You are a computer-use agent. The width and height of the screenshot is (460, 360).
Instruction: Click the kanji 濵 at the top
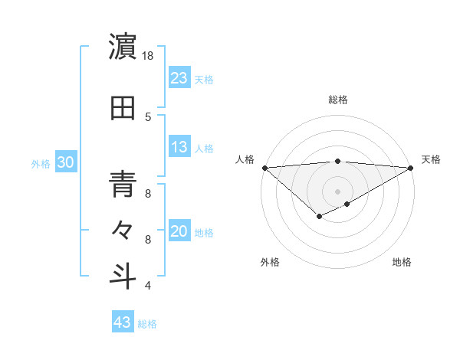pyautogui.click(x=122, y=47)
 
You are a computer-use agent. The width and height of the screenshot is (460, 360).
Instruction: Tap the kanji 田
pyautogui.click(x=122, y=107)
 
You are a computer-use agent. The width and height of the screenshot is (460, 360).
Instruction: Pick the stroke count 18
pyautogui.click(x=147, y=56)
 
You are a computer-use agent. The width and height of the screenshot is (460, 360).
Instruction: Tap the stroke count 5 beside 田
pyautogui.click(x=147, y=116)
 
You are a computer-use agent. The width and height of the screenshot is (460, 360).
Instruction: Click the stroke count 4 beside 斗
pyautogui.click(x=147, y=286)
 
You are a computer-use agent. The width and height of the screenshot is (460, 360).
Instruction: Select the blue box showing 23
pyautogui.click(x=179, y=77)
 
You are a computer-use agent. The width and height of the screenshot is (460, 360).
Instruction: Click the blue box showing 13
pyautogui.click(x=179, y=146)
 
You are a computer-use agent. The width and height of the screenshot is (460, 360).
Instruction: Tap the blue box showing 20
pyautogui.click(x=179, y=231)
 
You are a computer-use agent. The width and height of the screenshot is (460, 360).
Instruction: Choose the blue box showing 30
pyautogui.click(x=65, y=162)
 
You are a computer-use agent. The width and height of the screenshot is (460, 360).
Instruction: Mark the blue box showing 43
pyautogui.click(x=122, y=322)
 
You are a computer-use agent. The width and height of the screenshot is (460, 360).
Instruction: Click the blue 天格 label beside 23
pyautogui.click(x=204, y=79)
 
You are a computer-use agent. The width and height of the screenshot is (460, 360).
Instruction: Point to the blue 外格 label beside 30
pyautogui.click(x=41, y=163)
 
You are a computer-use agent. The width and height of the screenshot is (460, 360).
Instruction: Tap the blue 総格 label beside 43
pyautogui.click(x=147, y=324)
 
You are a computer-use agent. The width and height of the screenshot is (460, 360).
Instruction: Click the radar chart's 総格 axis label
pyautogui.click(x=337, y=100)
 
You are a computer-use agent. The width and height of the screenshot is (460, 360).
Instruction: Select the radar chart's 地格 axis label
pyautogui.click(x=402, y=262)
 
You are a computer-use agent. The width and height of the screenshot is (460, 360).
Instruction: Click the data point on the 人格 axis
pyautogui.click(x=264, y=167)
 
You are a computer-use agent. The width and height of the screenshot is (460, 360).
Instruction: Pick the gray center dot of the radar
pyautogui.click(x=337, y=190)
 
